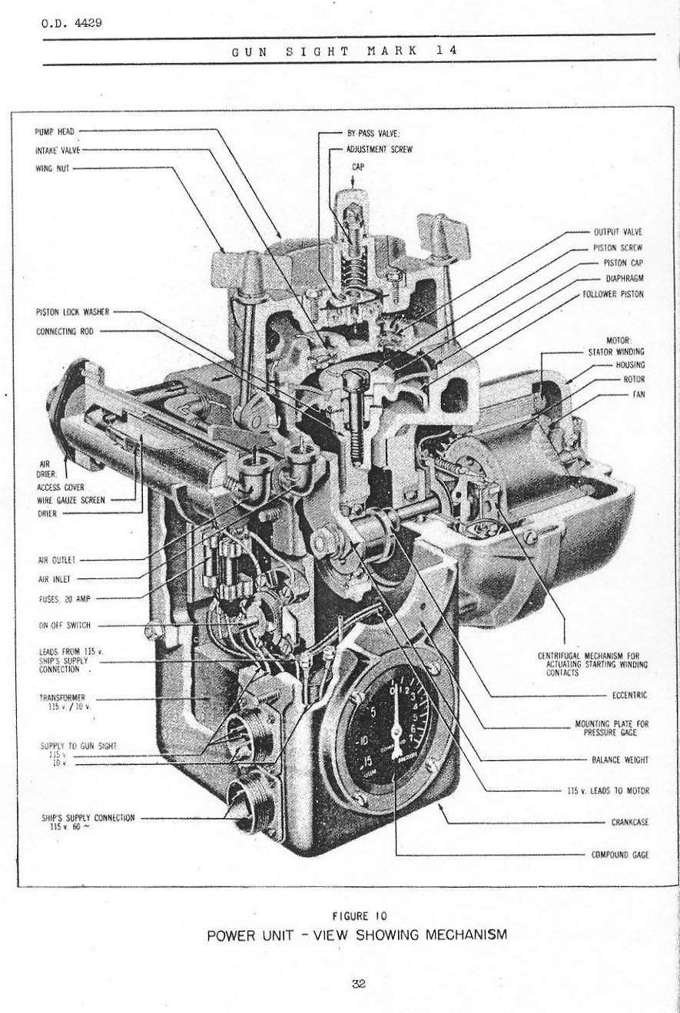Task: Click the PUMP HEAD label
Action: tap(54, 131)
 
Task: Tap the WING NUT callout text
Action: tap(52, 168)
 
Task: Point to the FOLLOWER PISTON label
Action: tap(613, 293)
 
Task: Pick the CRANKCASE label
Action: tap(629, 822)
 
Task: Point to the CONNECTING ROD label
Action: tap(65, 332)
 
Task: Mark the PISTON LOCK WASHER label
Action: tap(72, 312)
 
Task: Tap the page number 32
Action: tap(359, 983)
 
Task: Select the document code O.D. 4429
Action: tap(71, 22)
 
